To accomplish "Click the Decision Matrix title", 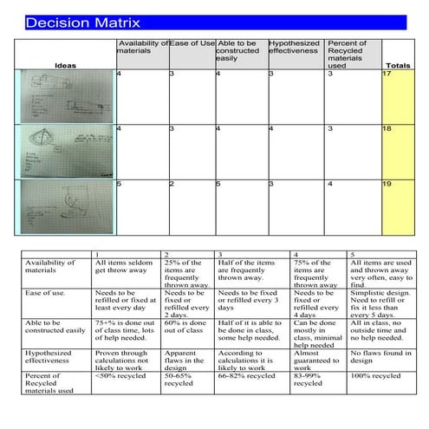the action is [x=82, y=23].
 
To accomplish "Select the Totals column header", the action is [x=397, y=65].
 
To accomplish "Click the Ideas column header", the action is [x=65, y=65].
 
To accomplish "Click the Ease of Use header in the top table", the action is [x=192, y=43].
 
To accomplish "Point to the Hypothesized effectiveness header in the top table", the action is [x=295, y=48].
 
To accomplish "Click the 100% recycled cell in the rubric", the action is [x=376, y=376].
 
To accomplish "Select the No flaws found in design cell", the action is [x=376, y=357].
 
